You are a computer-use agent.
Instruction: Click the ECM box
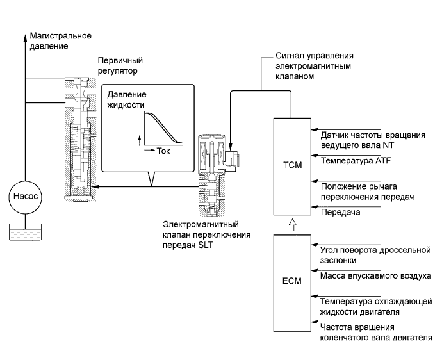tap(291, 280)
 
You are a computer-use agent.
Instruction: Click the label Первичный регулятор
tap(118, 64)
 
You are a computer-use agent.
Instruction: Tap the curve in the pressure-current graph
tap(163, 128)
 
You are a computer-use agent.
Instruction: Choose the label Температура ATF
tap(352, 160)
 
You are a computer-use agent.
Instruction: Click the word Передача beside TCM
tap(341, 211)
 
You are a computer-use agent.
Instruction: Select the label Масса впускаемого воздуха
tap(375, 275)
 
